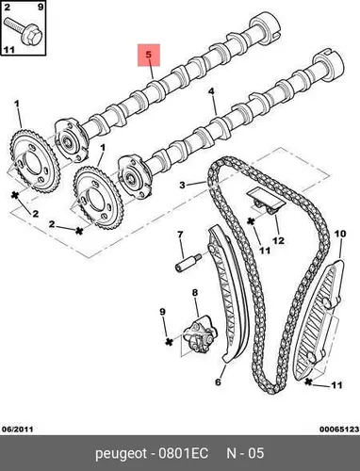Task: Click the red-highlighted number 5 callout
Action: pyautogui.click(x=149, y=55)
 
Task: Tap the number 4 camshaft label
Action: pyautogui.click(x=211, y=91)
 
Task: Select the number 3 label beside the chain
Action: pyautogui.click(x=183, y=185)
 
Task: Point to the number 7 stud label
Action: pyautogui.click(x=180, y=235)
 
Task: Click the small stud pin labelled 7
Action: pyautogui.click(x=188, y=263)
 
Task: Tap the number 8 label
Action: pyautogui.click(x=195, y=293)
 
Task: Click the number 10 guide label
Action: pyautogui.click(x=340, y=234)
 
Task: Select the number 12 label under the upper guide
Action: pyautogui.click(x=278, y=241)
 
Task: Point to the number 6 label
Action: pyautogui.click(x=218, y=382)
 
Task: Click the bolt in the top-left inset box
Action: pyautogui.click(x=25, y=32)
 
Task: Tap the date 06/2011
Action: pyautogui.click(x=18, y=429)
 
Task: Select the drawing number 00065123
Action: pyautogui.click(x=339, y=429)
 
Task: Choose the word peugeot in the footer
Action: pyautogui.click(x=121, y=454)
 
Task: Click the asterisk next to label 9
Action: pyautogui.click(x=170, y=342)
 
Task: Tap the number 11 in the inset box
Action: pyautogui.click(x=9, y=50)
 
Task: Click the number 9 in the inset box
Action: pyautogui.click(x=41, y=7)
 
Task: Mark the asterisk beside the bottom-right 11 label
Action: pyautogui.click(x=309, y=382)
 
